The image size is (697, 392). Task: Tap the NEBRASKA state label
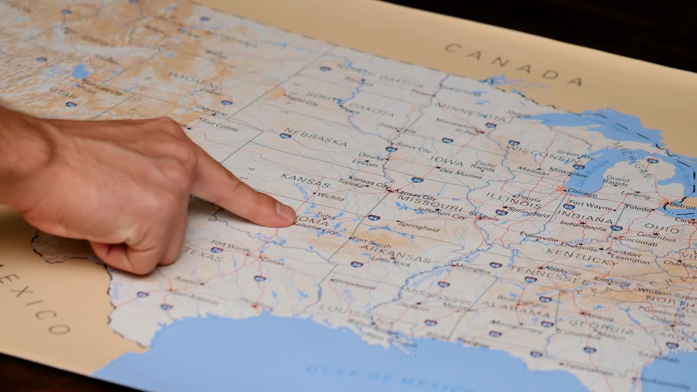315,137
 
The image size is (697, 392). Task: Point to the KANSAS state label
298,179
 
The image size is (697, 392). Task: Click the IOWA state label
446,161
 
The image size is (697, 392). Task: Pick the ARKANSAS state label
395,253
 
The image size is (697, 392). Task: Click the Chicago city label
582,193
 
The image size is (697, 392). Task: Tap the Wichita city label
330,196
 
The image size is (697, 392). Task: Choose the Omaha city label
370,157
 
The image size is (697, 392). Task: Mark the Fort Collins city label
219,126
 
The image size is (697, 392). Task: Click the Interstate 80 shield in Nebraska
285,136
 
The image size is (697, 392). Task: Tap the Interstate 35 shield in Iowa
417,179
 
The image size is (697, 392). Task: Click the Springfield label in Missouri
418,226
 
